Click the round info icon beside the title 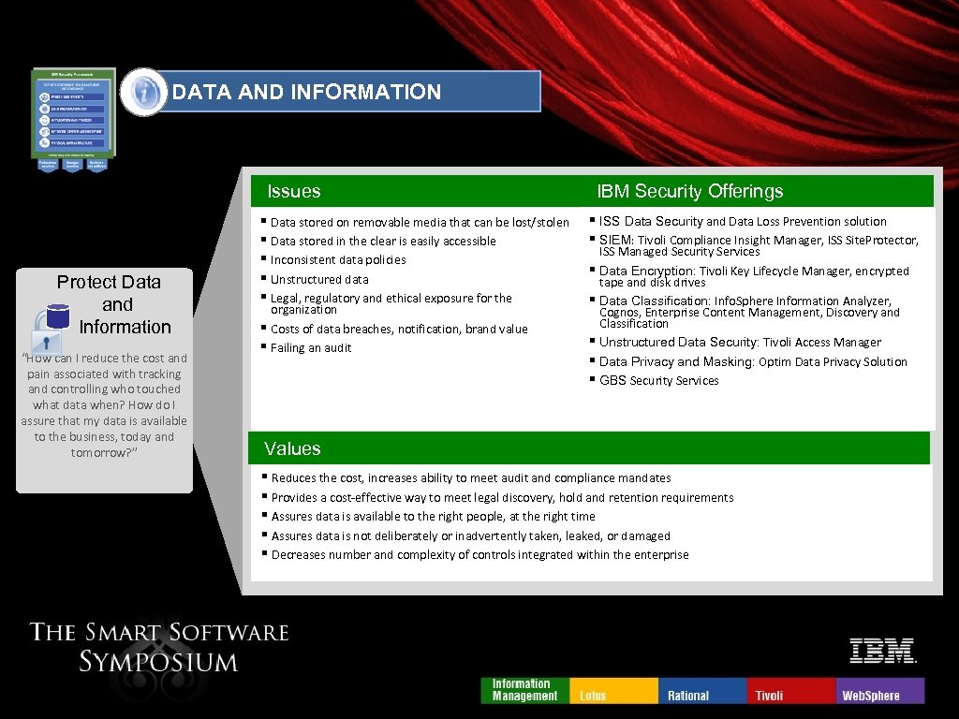coord(143,92)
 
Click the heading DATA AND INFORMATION coord(306,92)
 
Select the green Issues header coord(294,191)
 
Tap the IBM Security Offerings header coord(689,191)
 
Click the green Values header coord(292,448)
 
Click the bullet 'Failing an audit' coord(311,347)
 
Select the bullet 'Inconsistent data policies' coord(338,259)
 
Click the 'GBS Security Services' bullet coord(658,380)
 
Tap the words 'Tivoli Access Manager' coord(822,342)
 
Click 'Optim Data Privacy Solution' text coord(833,361)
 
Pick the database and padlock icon coord(52,324)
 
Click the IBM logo coord(882,651)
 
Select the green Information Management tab coord(524,690)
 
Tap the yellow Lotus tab coord(614,691)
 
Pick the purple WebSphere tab coord(878,691)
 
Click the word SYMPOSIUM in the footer coord(158,662)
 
